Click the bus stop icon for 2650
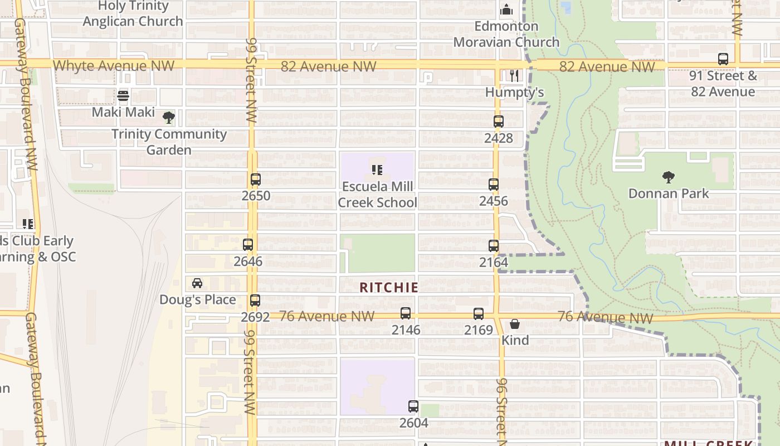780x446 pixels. tap(256, 180)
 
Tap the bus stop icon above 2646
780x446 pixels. tap(248, 245)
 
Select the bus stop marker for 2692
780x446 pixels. tap(255, 300)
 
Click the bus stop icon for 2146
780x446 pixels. tap(406, 313)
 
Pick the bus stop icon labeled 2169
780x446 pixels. tap(479, 314)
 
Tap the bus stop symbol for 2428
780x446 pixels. tap(499, 122)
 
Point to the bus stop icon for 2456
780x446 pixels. tap(494, 185)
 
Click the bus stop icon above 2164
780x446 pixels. tap(494, 246)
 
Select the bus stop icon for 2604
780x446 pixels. tap(413, 406)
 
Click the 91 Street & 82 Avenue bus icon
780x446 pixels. tap(723, 59)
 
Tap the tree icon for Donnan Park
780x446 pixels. tap(669, 177)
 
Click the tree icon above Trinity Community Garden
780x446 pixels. tap(168, 118)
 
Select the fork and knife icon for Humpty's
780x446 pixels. tap(514, 76)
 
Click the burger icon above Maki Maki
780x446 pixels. tap(123, 96)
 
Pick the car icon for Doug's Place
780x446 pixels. tap(197, 283)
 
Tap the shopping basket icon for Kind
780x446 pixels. tap(515, 324)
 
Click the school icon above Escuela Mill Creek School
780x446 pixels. tap(377, 169)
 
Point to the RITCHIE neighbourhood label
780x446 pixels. tap(389, 288)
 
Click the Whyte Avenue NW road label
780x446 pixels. tap(114, 66)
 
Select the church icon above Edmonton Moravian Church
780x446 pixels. tap(506, 9)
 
